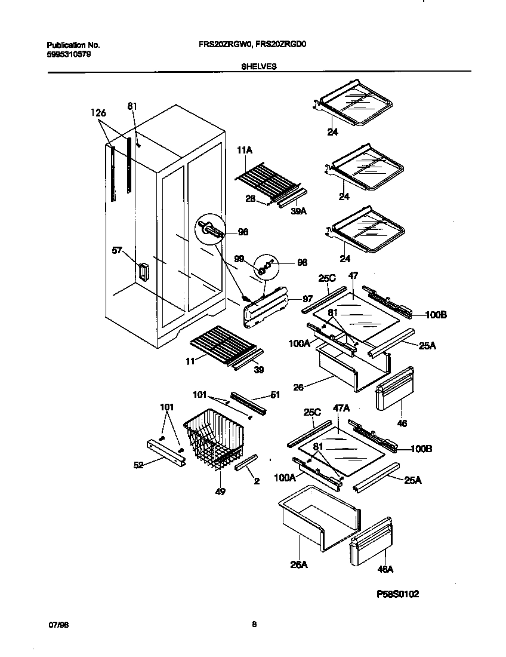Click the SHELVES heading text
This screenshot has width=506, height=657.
tap(258, 67)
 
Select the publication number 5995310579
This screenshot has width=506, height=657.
tap(69, 54)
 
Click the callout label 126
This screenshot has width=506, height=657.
tap(98, 112)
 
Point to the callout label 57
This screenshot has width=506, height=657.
tap(117, 250)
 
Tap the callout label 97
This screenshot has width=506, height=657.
tap(307, 298)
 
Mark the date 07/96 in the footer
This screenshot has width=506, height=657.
tap(56, 624)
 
